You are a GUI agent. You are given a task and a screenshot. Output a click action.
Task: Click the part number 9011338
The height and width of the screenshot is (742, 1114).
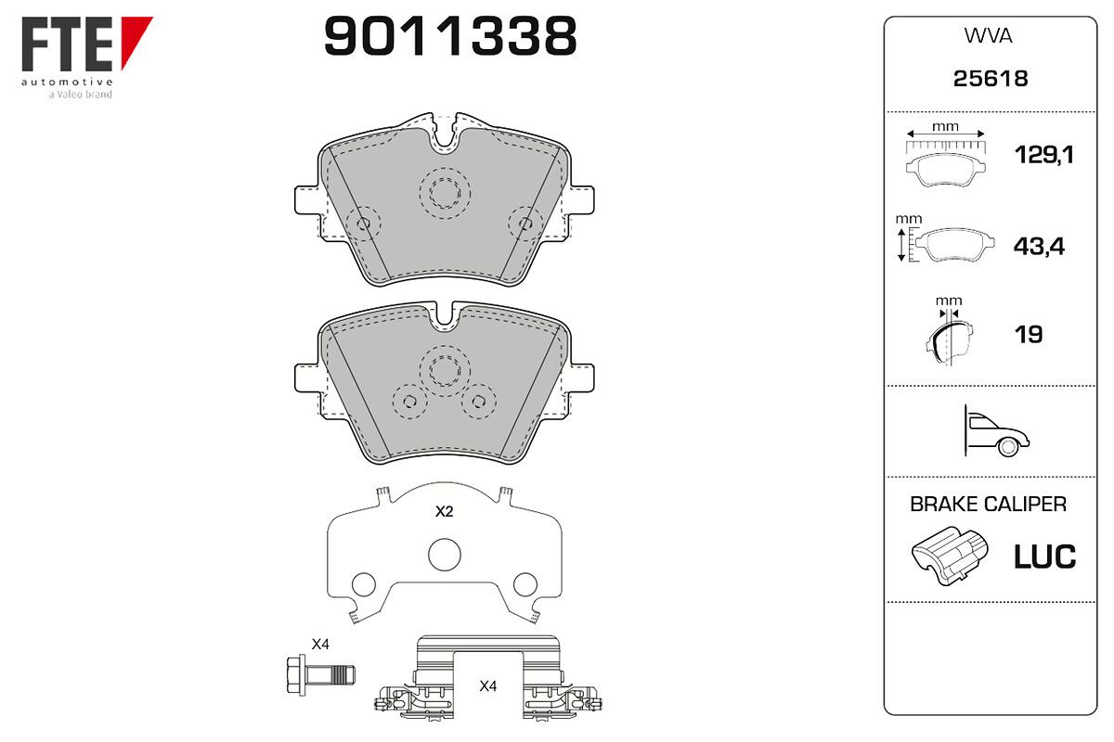(x=450, y=36)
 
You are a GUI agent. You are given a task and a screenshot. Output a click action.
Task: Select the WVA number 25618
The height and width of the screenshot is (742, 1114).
(x=991, y=79)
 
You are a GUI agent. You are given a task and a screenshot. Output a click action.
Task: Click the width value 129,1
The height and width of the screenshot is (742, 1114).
(x=1043, y=155)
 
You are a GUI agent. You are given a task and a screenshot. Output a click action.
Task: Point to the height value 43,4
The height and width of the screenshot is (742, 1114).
(x=1039, y=246)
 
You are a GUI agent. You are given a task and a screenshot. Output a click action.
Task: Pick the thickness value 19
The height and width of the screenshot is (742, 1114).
(x=1029, y=335)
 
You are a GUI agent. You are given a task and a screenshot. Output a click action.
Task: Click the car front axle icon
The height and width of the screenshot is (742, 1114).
(x=996, y=430)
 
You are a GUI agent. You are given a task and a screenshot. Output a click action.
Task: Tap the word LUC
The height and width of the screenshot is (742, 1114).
(x=1044, y=556)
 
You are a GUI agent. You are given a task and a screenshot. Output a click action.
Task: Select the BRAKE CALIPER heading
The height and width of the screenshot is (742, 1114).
(x=988, y=504)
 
